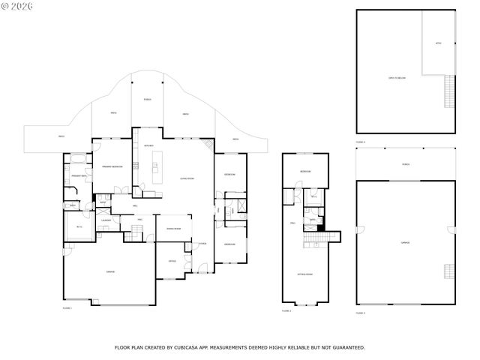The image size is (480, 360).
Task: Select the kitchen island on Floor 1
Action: [157, 166]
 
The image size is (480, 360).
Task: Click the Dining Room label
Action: [172, 229]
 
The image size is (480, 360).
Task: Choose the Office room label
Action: [172, 261]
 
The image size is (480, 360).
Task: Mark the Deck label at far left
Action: [61, 136]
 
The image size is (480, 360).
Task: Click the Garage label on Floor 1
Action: [110, 271]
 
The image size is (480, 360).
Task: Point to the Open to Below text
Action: [397, 77]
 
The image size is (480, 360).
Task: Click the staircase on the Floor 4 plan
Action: [450, 92]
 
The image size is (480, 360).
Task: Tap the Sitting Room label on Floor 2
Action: [304, 274]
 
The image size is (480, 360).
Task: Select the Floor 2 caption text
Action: [286, 310]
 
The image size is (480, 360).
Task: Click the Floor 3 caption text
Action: [361, 313]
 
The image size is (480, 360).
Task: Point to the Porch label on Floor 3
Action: [406, 163]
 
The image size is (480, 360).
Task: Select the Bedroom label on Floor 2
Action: [304, 172]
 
